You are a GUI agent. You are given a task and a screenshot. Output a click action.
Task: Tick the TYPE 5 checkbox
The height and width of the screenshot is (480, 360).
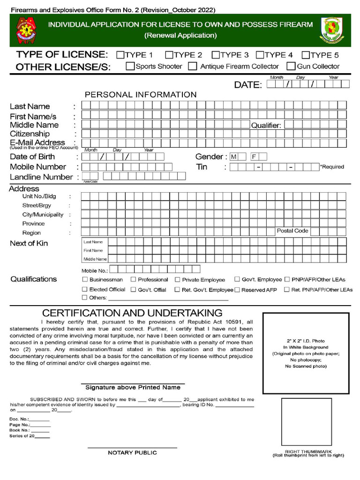click(x=306, y=55)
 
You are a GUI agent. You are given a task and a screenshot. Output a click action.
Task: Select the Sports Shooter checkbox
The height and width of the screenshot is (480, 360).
click(x=130, y=66)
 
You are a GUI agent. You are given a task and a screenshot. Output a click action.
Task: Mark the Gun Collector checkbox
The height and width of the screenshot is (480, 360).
click(x=291, y=66)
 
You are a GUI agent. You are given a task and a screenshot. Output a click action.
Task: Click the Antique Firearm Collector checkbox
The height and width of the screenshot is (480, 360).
click(x=193, y=66)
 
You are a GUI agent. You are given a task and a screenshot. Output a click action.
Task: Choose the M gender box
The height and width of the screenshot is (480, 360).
click(x=234, y=157)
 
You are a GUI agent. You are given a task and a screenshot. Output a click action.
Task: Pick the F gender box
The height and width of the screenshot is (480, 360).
click(x=254, y=157)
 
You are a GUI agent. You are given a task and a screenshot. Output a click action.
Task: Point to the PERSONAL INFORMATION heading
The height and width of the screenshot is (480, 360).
click(x=141, y=95)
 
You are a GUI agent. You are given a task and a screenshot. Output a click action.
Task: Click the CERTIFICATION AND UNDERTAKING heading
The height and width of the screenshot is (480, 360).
click(x=132, y=313)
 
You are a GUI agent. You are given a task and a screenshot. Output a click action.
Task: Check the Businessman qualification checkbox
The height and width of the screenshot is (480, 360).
click(x=85, y=279)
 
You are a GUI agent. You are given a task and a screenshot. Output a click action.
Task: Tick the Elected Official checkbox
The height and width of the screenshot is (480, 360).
click(x=85, y=289)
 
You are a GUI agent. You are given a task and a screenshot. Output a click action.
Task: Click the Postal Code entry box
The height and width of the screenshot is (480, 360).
click(x=328, y=231)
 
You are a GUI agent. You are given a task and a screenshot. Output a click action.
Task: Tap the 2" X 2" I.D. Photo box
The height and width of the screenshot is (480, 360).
click(x=306, y=353)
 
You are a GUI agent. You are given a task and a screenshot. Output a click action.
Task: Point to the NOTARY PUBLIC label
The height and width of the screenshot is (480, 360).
click(x=132, y=453)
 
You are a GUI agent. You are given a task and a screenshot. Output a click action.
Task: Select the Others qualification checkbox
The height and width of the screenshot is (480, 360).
click(x=85, y=297)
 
